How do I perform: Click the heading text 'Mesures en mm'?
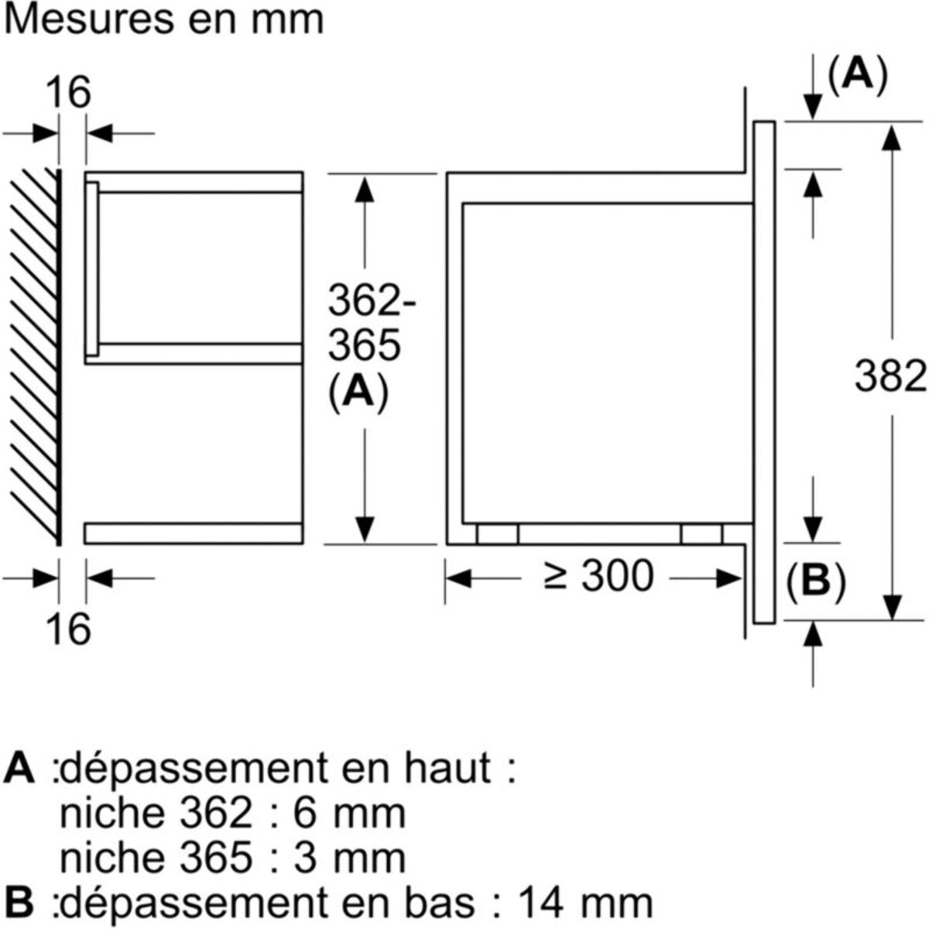point(164,19)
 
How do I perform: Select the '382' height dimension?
point(890,377)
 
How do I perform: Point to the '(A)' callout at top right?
point(856,75)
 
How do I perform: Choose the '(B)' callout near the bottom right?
point(816,581)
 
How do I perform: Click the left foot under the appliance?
point(497,534)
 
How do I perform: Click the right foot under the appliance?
point(701,534)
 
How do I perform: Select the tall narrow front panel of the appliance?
point(763,372)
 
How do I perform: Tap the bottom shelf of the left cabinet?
point(194,533)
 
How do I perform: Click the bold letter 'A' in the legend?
point(19,769)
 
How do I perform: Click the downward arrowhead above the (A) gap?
point(813,108)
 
